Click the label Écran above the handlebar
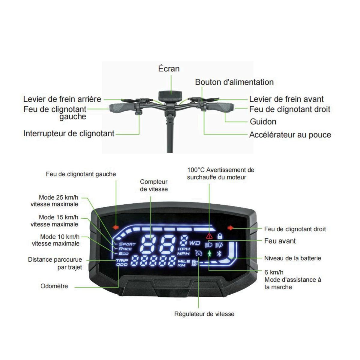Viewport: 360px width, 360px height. (x=169, y=69)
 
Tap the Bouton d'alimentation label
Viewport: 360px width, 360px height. (x=234, y=82)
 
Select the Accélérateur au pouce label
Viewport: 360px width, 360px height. (x=290, y=135)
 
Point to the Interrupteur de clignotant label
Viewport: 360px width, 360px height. (x=69, y=133)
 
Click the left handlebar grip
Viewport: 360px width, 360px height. (x=119, y=107)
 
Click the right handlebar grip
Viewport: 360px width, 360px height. (x=222, y=107)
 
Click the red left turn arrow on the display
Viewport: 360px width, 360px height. (x=115, y=227)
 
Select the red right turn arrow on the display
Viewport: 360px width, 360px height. (x=230, y=228)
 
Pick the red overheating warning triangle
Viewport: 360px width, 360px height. (x=209, y=236)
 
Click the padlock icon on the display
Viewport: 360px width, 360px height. (x=220, y=236)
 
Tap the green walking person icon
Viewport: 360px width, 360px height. (x=209, y=254)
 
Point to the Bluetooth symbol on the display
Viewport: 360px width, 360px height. (x=219, y=254)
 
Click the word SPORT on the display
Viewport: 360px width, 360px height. (x=127, y=244)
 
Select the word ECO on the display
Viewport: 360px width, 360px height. (x=124, y=253)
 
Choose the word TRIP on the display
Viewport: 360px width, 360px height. (x=122, y=260)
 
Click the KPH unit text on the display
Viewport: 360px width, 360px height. (x=184, y=249)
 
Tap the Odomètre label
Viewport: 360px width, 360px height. (x=54, y=286)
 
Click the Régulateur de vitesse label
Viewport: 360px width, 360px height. (x=204, y=314)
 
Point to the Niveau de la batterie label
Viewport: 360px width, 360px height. (x=292, y=258)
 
